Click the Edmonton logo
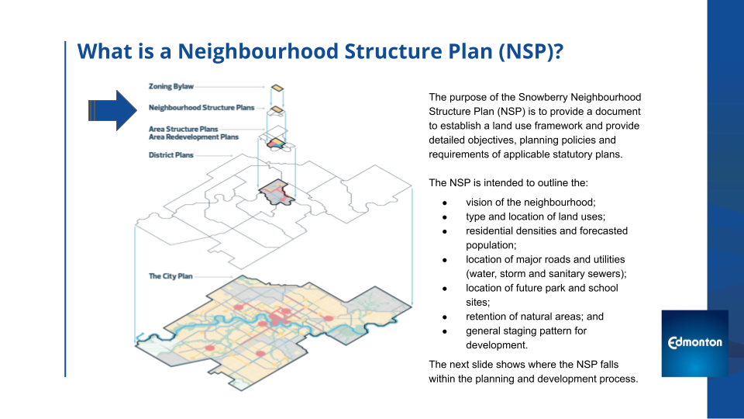694,343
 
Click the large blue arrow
113,110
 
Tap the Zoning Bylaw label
171,86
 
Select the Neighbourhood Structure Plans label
201,108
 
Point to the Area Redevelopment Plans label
194,137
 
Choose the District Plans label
170,155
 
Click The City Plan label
170,276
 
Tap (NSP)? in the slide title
530,51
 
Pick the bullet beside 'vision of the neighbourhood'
445,203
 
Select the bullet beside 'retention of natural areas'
445,317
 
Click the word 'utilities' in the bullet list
607,259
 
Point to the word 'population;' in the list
491,246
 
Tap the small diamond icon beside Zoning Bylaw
277,88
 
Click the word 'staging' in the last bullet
522,331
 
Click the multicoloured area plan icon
276,143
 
